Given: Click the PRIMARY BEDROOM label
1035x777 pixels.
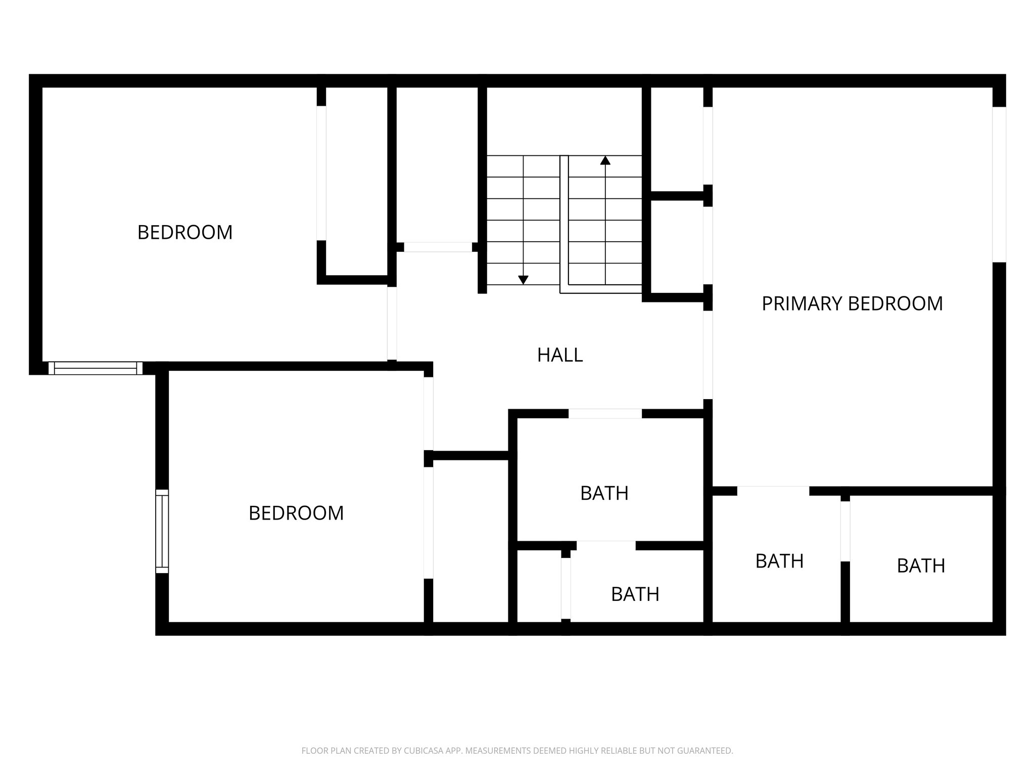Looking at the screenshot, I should (x=852, y=304).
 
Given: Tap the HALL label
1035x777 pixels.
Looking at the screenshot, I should (x=560, y=355).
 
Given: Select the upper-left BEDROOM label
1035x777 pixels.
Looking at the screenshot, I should (x=185, y=232).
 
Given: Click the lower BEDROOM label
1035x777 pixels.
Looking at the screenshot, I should (x=296, y=513).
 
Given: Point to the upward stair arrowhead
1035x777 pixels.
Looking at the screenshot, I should (x=605, y=160).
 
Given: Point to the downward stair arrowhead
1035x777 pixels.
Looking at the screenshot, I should (x=523, y=279).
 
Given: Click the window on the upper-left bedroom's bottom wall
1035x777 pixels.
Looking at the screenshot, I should (x=96, y=368).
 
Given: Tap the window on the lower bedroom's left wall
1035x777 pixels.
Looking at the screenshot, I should (x=162, y=531).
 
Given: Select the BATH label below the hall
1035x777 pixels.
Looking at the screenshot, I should (x=604, y=493).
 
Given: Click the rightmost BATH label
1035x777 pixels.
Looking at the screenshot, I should (x=921, y=566).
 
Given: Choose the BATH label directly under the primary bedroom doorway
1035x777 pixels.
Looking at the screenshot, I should (x=779, y=561).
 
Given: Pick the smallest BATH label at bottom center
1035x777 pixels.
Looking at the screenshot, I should (x=635, y=594).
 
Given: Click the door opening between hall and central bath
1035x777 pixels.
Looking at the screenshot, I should (x=605, y=413).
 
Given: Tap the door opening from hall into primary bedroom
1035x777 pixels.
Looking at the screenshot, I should (x=708, y=354).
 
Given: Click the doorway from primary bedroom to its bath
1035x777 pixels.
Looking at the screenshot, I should (x=773, y=491).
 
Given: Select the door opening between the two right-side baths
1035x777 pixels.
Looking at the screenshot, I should (x=845, y=531).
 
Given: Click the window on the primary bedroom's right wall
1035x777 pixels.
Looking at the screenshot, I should (x=999, y=184).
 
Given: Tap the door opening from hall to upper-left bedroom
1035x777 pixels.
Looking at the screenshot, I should (x=392, y=323).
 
